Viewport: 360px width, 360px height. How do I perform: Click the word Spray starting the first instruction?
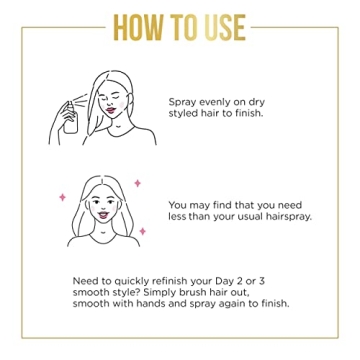tap(185, 101)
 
